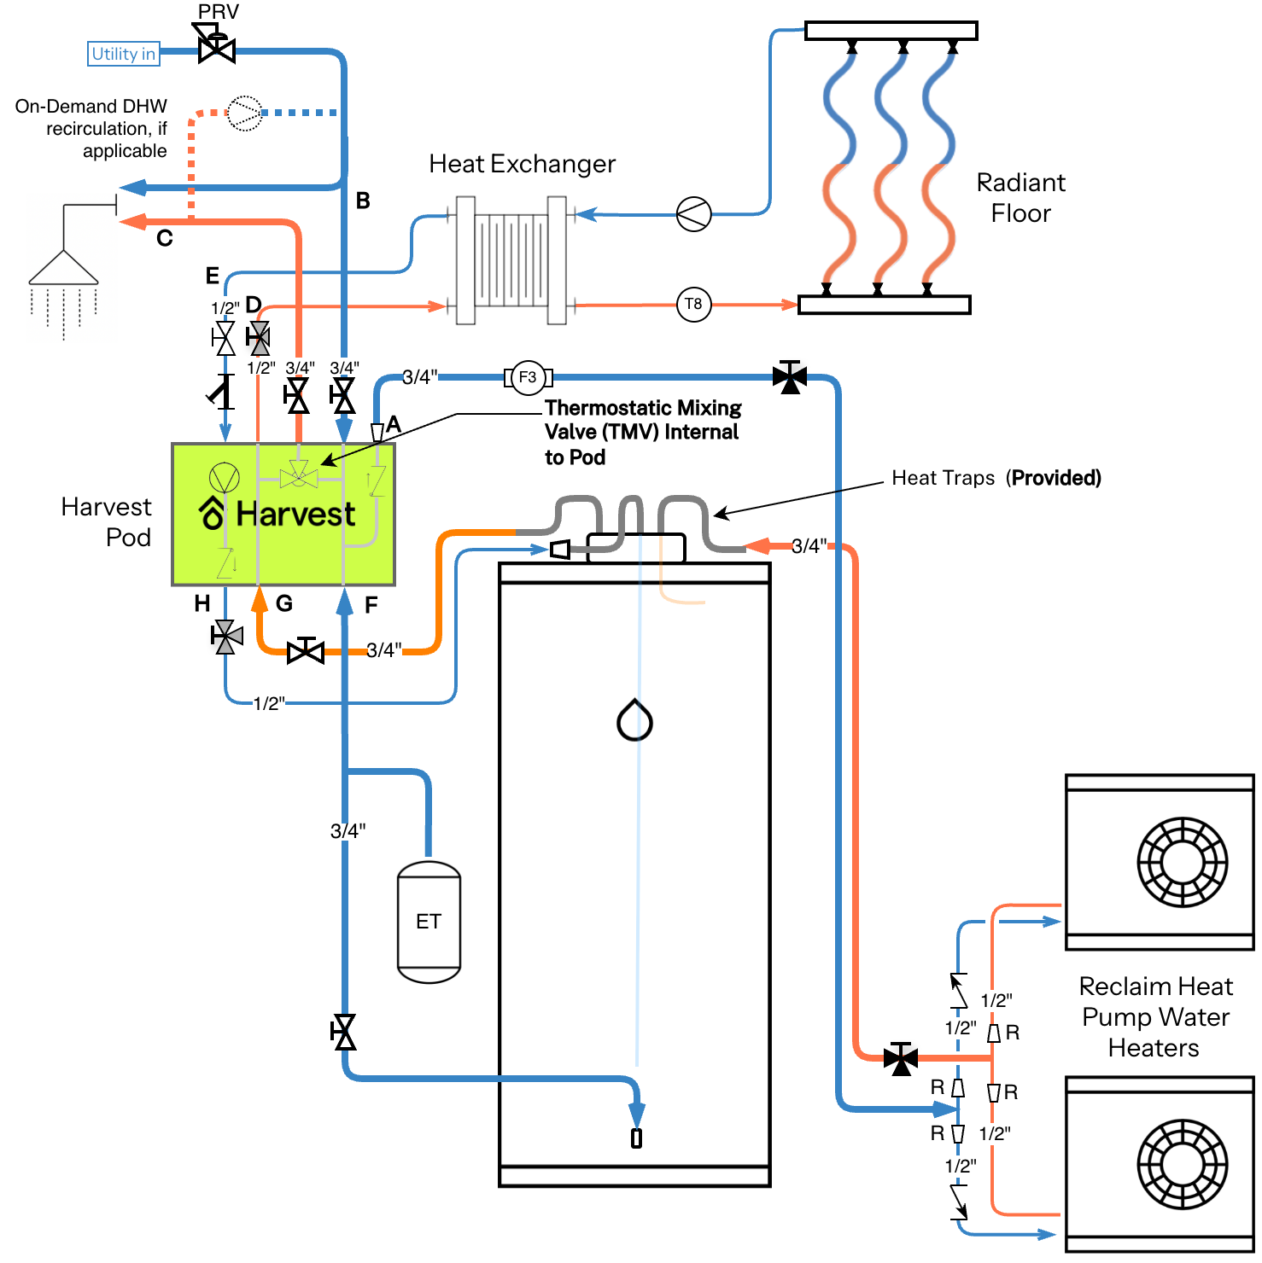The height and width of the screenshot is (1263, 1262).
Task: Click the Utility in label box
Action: (124, 54)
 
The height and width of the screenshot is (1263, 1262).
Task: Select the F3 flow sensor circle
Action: (528, 377)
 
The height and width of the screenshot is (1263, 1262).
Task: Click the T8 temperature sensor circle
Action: (693, 304)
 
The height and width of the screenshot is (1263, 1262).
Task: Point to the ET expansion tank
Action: (429, 922)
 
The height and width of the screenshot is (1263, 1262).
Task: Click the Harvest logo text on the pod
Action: (295, 514)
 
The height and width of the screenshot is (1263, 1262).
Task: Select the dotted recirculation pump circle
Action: (245, 113)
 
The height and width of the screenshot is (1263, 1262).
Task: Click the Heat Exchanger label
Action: (522, 164)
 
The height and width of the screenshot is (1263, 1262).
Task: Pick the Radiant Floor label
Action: (1020, 198)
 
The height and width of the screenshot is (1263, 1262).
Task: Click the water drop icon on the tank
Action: (634, 719)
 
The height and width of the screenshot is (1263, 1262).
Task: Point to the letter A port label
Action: (394, 424)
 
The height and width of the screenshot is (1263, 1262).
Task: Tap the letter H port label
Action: (202, 604)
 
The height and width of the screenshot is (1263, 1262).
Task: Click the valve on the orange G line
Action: (306, 651)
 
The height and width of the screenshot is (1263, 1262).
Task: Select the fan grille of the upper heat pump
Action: (1183, 862)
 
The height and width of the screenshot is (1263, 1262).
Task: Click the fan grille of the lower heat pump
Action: (1183, 1164)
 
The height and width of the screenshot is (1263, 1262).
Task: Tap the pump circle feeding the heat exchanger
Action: (693, 214)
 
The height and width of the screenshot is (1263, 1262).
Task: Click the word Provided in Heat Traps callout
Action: (1056, 478)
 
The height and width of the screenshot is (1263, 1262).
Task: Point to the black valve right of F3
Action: (790, 376)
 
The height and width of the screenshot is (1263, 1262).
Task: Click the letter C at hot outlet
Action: (165, 239)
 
